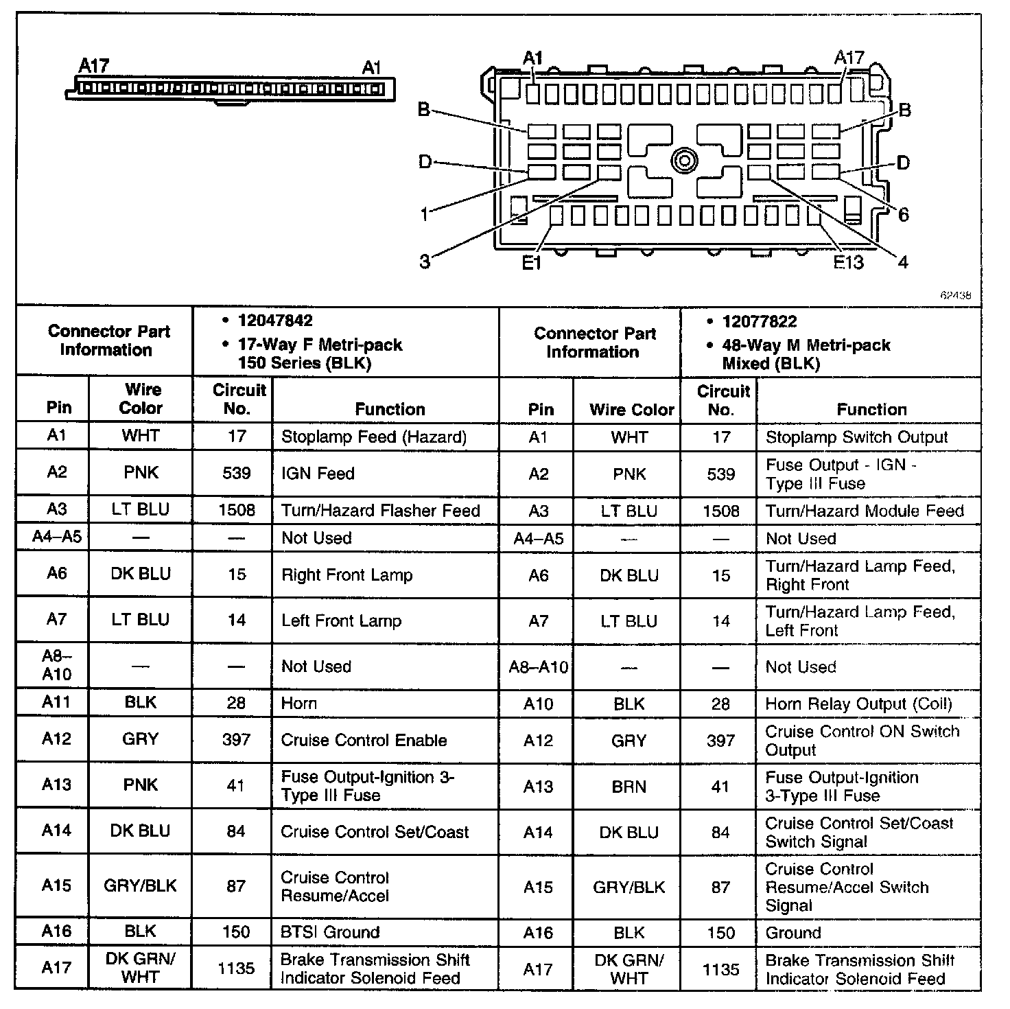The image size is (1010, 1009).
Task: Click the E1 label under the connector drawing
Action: point(532,263)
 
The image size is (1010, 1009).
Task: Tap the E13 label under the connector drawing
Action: point(848,262)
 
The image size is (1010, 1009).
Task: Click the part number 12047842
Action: point(275,321)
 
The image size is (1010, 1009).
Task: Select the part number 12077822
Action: point(760,321)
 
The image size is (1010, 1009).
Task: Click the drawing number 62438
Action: point(955,295)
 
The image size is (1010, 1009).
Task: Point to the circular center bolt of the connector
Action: point(684,162)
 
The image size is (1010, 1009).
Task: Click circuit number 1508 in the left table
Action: point(236,510)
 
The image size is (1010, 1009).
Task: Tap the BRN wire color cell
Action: point(629,787)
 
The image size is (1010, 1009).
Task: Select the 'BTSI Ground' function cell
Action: point(330,932)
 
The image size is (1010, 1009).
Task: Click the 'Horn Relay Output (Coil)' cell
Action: point(858,704)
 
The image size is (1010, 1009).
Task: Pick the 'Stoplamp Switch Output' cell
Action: point(856,437)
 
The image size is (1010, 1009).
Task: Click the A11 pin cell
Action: point(56,702)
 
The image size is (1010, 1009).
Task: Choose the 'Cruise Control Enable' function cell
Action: point(364,740)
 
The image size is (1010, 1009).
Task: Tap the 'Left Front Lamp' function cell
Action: point(341,621)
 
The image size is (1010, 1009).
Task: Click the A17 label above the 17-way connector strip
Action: point(94,66)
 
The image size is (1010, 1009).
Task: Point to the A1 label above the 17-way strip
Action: point(371,67)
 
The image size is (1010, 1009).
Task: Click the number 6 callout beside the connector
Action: point(903,215)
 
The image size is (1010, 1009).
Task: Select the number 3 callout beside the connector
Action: point(425,262)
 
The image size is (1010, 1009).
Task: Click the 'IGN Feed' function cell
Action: point(318,473)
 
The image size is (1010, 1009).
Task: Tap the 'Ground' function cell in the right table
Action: point(793,933)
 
